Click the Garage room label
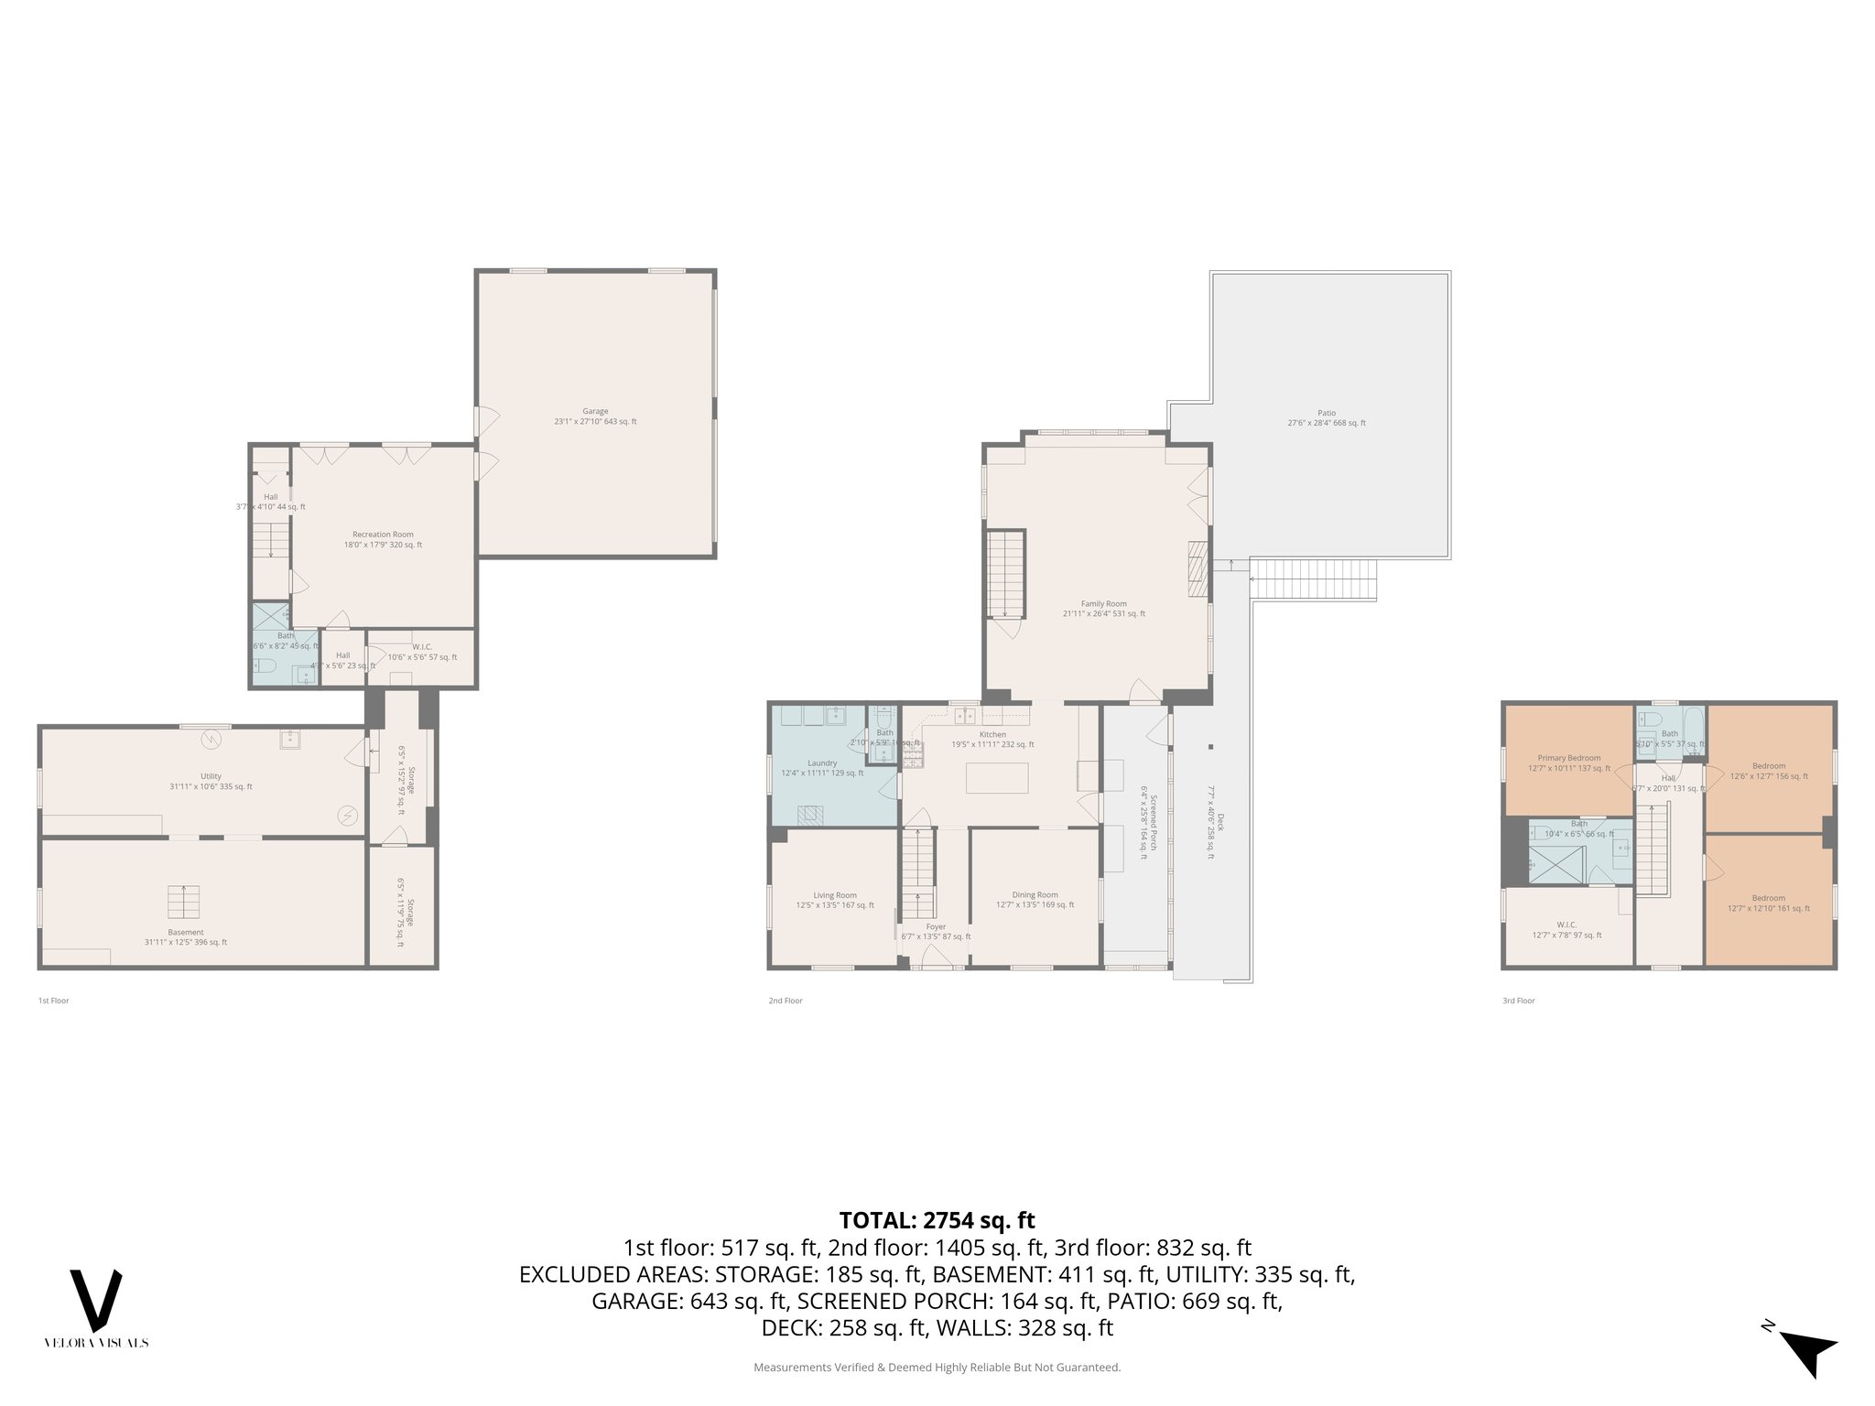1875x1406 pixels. [x=595, y=412]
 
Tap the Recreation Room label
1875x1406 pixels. [x=383, y=535]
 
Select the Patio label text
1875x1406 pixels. [x=1327, y=413]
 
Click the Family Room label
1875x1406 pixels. [x=1103, y=604]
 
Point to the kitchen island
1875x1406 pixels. [x=997, y=777]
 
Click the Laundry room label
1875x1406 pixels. [x=821, y=763]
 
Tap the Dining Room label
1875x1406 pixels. [x=1035, y=895]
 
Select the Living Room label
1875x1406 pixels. [x=835, y=896]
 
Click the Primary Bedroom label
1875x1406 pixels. [x=1569, y=758]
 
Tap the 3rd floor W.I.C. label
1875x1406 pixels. [x=1566, y=925]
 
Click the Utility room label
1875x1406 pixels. [x=211, y=776]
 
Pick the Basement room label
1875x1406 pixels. [x=186, y=932]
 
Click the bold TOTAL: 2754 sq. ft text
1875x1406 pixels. [x=937, y=1220]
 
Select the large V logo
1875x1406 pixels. [x=96, y=1301]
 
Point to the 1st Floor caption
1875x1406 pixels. [x=53, y=1000]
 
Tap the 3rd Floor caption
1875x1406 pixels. [x=1518, y=1000]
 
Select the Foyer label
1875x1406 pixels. [x=936, y=926]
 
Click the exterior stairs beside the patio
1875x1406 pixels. [x=1314, y=579]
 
